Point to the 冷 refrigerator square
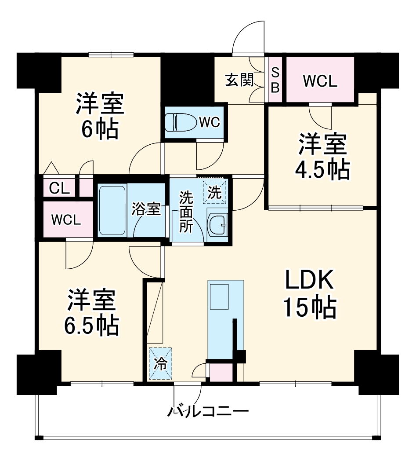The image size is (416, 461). [161, 363]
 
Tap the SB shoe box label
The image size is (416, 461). [275, 80]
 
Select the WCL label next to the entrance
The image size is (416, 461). [320, 81]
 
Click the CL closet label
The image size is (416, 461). [59, 188]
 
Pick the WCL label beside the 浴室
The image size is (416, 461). [66, 220]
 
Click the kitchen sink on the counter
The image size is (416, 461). [219, 296]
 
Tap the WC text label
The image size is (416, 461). [209, 123]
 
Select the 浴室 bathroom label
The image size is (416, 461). [146, 210]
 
